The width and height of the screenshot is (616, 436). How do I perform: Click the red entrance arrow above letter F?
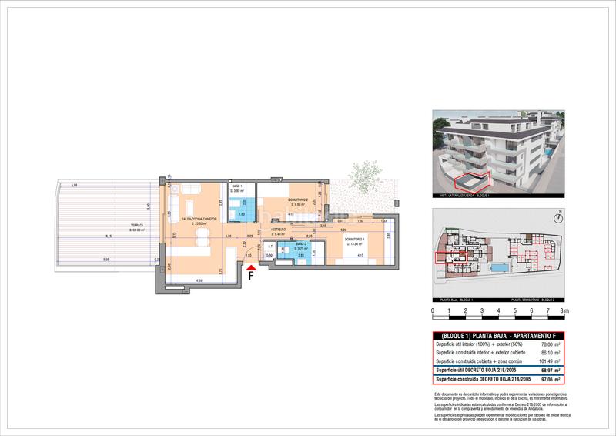pos(250,267)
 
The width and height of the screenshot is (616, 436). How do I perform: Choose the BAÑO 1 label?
pos(237,187)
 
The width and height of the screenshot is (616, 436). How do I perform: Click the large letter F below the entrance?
pos(251,279)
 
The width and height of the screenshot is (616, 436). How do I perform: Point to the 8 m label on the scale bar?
pos(564,312)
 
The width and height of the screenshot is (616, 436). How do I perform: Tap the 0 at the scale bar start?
pos(433,312)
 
